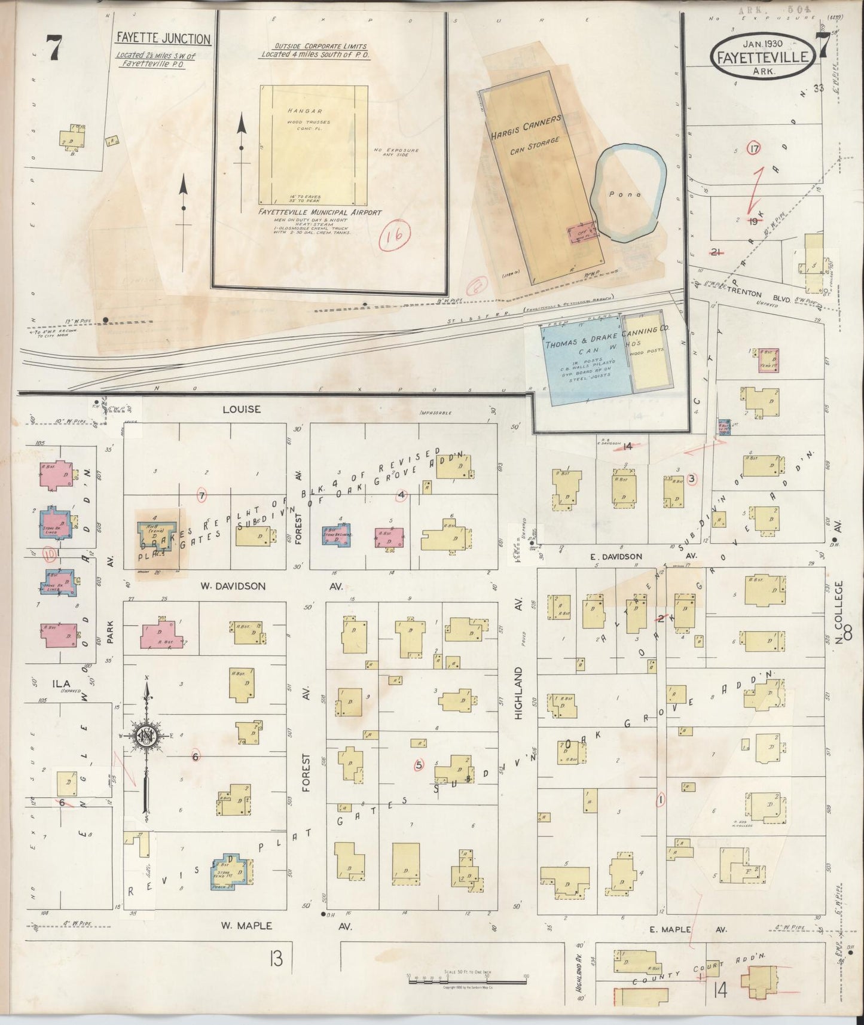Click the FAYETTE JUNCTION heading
(163, 39)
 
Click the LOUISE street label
(242, 410)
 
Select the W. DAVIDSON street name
(234, 586)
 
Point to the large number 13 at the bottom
(275, 960)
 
